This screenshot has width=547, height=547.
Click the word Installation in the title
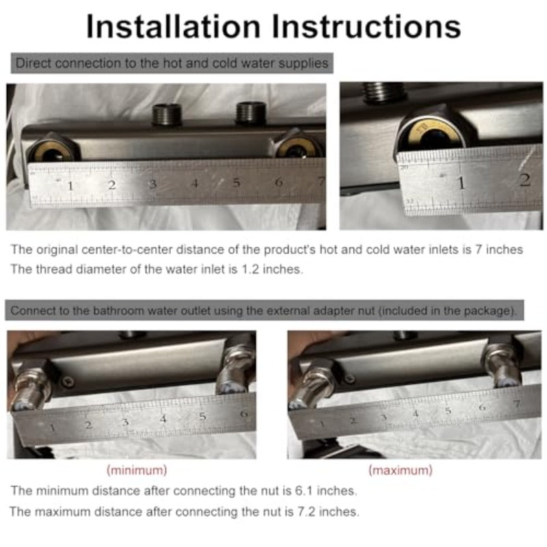(x=174, y=26)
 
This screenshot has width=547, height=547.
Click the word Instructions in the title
(x=366, y=26)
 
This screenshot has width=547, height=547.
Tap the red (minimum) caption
(x=137, y=470)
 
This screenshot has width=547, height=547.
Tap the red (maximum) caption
(x=401, y=470)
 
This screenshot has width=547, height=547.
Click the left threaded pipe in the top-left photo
(x=167, y=114)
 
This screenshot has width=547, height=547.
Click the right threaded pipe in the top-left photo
(x=251, y=113)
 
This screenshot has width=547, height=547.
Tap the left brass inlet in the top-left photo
(x=53, y=150)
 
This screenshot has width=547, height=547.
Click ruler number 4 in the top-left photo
(x=195, y=183)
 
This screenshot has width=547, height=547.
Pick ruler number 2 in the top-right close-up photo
(x=524, y=180)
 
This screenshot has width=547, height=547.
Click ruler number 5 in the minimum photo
(x=202, y=416)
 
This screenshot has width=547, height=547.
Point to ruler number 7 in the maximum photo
(x=517, y=403)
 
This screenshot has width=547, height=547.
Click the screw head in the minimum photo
(x=68, y=382)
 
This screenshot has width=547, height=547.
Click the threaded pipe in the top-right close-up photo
(x=384, y=92)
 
